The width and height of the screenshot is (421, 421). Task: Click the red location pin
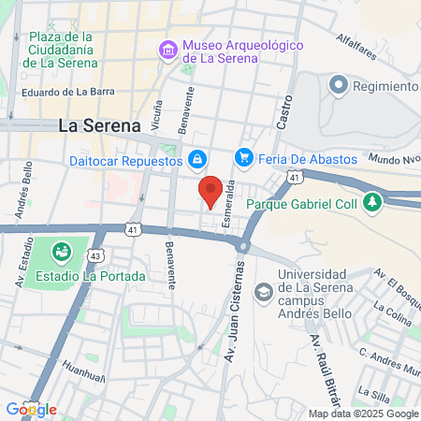212,190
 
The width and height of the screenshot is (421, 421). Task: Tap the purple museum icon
168,49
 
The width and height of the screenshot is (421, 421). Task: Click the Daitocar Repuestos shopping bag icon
197,160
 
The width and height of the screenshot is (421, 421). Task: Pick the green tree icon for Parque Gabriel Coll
373,202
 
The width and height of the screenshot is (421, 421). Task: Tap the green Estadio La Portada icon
62,252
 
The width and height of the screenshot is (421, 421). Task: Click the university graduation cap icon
264,292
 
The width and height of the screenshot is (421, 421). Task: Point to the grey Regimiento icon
338,87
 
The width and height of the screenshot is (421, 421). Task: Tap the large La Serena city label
99,124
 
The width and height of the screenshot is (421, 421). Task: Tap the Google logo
31,409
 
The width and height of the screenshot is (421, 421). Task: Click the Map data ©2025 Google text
364,414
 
